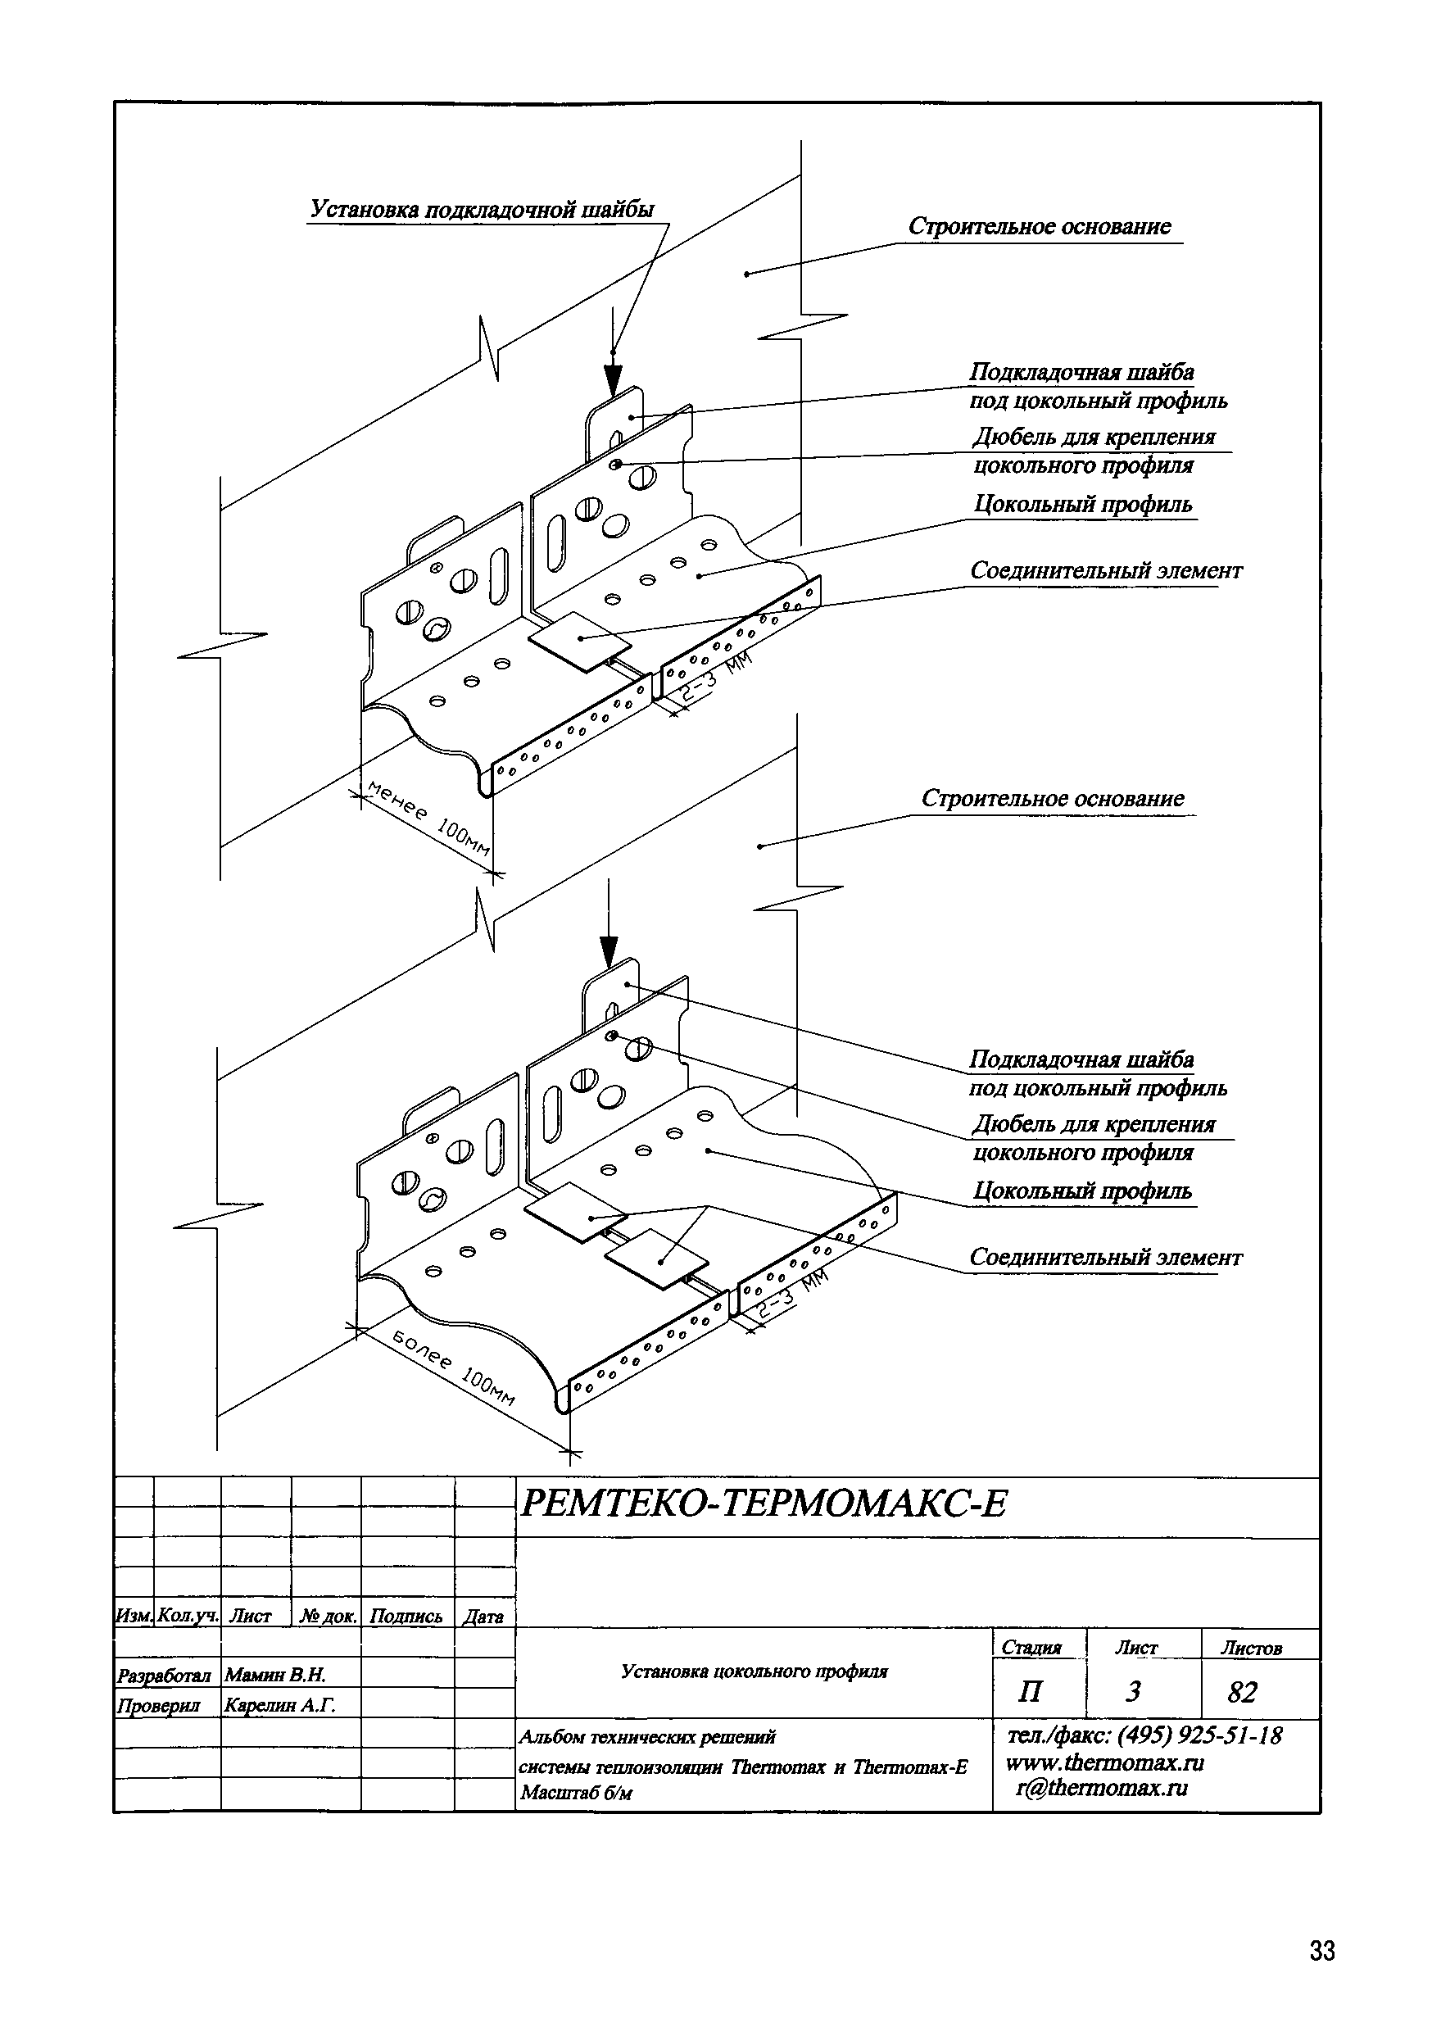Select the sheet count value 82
tap(1242, 1692)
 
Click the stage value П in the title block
tap(1029, 1692)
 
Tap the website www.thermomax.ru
tap(1104, 1762)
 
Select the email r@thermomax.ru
tap(1101, 1788)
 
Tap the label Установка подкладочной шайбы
tap(483, 210)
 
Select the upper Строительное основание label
tap(1039, 227)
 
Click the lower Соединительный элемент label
tap(1105, 1258)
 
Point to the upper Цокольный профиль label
tap(1082, 505)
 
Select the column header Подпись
tap(406, 1616)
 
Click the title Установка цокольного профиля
tap(754, 1671)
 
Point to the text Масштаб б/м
tap(576, 1793)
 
